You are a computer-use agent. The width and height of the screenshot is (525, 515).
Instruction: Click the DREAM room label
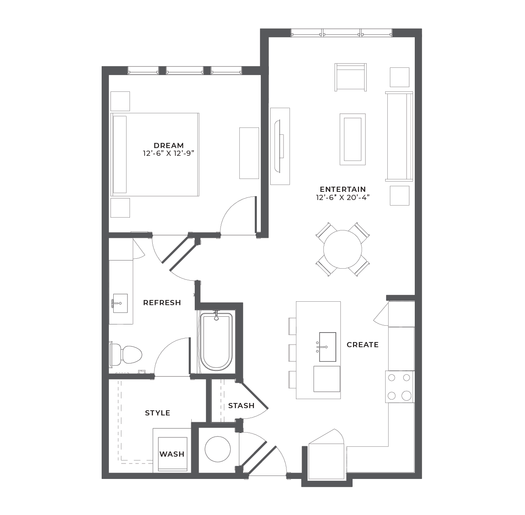(x=169, y=145)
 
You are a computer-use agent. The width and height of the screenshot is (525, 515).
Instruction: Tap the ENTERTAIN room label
(x=343, y=189)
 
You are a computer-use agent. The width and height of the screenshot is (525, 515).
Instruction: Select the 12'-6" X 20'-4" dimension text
(x=343, y=197)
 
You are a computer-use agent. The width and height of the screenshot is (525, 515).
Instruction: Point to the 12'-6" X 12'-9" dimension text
(x=169, y=153)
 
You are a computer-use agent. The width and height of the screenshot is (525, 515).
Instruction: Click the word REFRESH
(x=162, y=303)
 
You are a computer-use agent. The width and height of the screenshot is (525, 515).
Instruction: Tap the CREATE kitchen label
(x=362, y=345)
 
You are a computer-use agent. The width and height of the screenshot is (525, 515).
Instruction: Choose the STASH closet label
(x=241, y=406)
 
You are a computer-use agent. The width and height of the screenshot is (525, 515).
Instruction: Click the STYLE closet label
(x=157, y=413)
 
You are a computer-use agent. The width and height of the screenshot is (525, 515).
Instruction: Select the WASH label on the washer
(x=172, y=454)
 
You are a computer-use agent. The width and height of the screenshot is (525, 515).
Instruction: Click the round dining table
(x=342, y=249)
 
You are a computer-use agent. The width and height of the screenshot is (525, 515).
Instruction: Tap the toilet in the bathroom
(x=126, y=354)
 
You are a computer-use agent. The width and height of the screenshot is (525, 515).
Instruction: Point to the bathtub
(x=216, y=342)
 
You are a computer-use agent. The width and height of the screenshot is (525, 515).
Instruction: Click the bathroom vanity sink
(x=120, y=303)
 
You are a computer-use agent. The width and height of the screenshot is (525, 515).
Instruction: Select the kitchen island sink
(x=327, y=347)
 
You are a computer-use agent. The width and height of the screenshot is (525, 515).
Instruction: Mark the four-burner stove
(x=400, y=387)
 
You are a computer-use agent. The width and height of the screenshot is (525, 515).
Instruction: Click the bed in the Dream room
(x=155, y=154)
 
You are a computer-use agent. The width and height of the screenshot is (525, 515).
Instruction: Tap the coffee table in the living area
(x=353, y=139)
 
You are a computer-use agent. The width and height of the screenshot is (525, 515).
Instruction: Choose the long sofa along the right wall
(x=399, y=136)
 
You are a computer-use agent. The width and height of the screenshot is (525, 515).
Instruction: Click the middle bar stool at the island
(x=293, y=353)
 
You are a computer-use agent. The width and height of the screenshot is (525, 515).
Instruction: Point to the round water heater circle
(x=218, y=449)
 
